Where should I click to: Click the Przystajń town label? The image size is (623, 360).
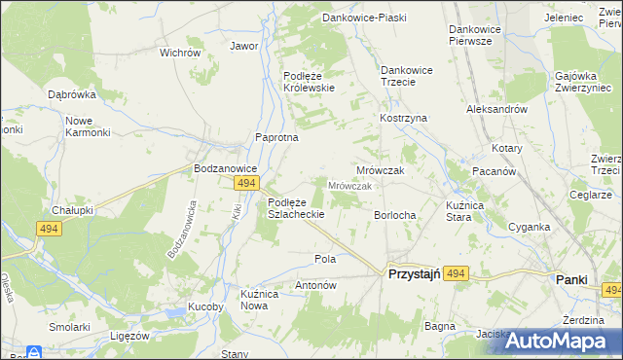tap(416, 275)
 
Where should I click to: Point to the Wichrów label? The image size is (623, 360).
tap(179, 53)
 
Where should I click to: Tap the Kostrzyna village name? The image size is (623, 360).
tap(403, 118)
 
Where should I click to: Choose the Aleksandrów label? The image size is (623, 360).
tap(496, 110)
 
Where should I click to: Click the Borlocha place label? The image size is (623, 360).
tap(395, 215)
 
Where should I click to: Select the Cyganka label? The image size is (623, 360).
tap(529, 227)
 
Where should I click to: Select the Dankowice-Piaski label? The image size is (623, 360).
tap(363, 18)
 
